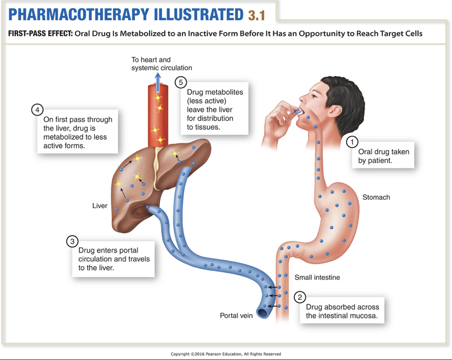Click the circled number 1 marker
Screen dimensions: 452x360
click(353, 142)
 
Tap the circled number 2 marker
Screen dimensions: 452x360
click(300, 297)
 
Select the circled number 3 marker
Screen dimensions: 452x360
click(72, 241)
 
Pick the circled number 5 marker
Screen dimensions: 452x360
click(181, 82)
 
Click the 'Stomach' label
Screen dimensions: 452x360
click(376, 197)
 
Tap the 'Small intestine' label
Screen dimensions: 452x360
click(317, 278)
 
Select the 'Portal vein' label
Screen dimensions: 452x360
click(236, 315)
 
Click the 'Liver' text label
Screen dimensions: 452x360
click(100, 206)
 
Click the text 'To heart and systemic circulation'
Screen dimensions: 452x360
click(162, 63)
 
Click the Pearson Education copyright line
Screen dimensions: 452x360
click(226, 354)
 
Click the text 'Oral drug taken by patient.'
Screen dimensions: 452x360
click(384, 156)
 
